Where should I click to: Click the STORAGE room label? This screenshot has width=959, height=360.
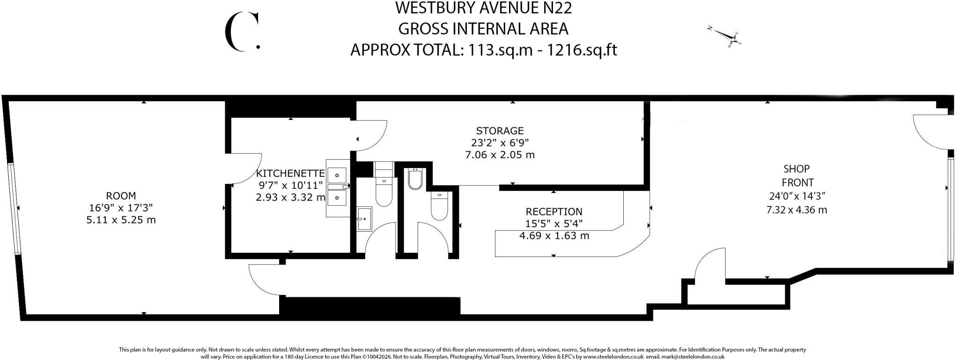coord(500,131)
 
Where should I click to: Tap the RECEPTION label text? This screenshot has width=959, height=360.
coord(554,212)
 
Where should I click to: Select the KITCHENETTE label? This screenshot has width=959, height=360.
coord(290,174)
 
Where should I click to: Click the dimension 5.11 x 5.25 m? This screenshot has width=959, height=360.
coord(121,220)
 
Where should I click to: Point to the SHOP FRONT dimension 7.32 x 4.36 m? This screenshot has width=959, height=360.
coord(797,210)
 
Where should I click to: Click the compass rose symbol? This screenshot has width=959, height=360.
coord(725,36)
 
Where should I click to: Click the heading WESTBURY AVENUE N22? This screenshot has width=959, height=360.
coord(484,8)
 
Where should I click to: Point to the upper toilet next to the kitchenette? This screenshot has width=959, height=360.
coord(384,192)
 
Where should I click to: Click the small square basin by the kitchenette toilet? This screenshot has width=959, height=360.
coord(364,219)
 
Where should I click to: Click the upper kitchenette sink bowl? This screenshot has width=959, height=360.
coord(337,176)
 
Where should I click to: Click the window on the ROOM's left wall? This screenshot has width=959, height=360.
coord(13,208)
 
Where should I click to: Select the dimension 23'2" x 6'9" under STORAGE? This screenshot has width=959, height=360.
coord(500,142)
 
